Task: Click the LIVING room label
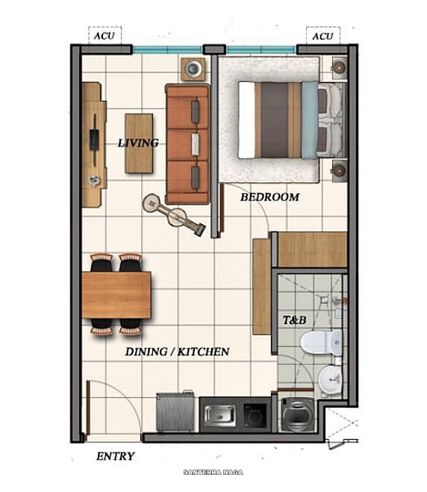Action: tap(138, 143)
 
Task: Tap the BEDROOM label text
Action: tap(269, 197)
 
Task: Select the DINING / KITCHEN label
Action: tap(176, 351)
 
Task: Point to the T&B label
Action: tap(294, 320)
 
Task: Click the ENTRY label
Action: tap(116, 456)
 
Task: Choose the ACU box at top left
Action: tap(103, 36)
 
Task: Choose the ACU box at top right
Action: tap(322, 36)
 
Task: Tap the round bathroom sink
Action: tap(326, 381)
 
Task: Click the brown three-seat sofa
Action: tap(187, 144)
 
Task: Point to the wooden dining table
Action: tap(116, 294)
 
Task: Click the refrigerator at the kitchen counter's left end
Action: tap(175, 411)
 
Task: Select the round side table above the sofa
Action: tap(193, 69)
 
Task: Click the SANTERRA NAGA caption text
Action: tap(213, 472)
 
